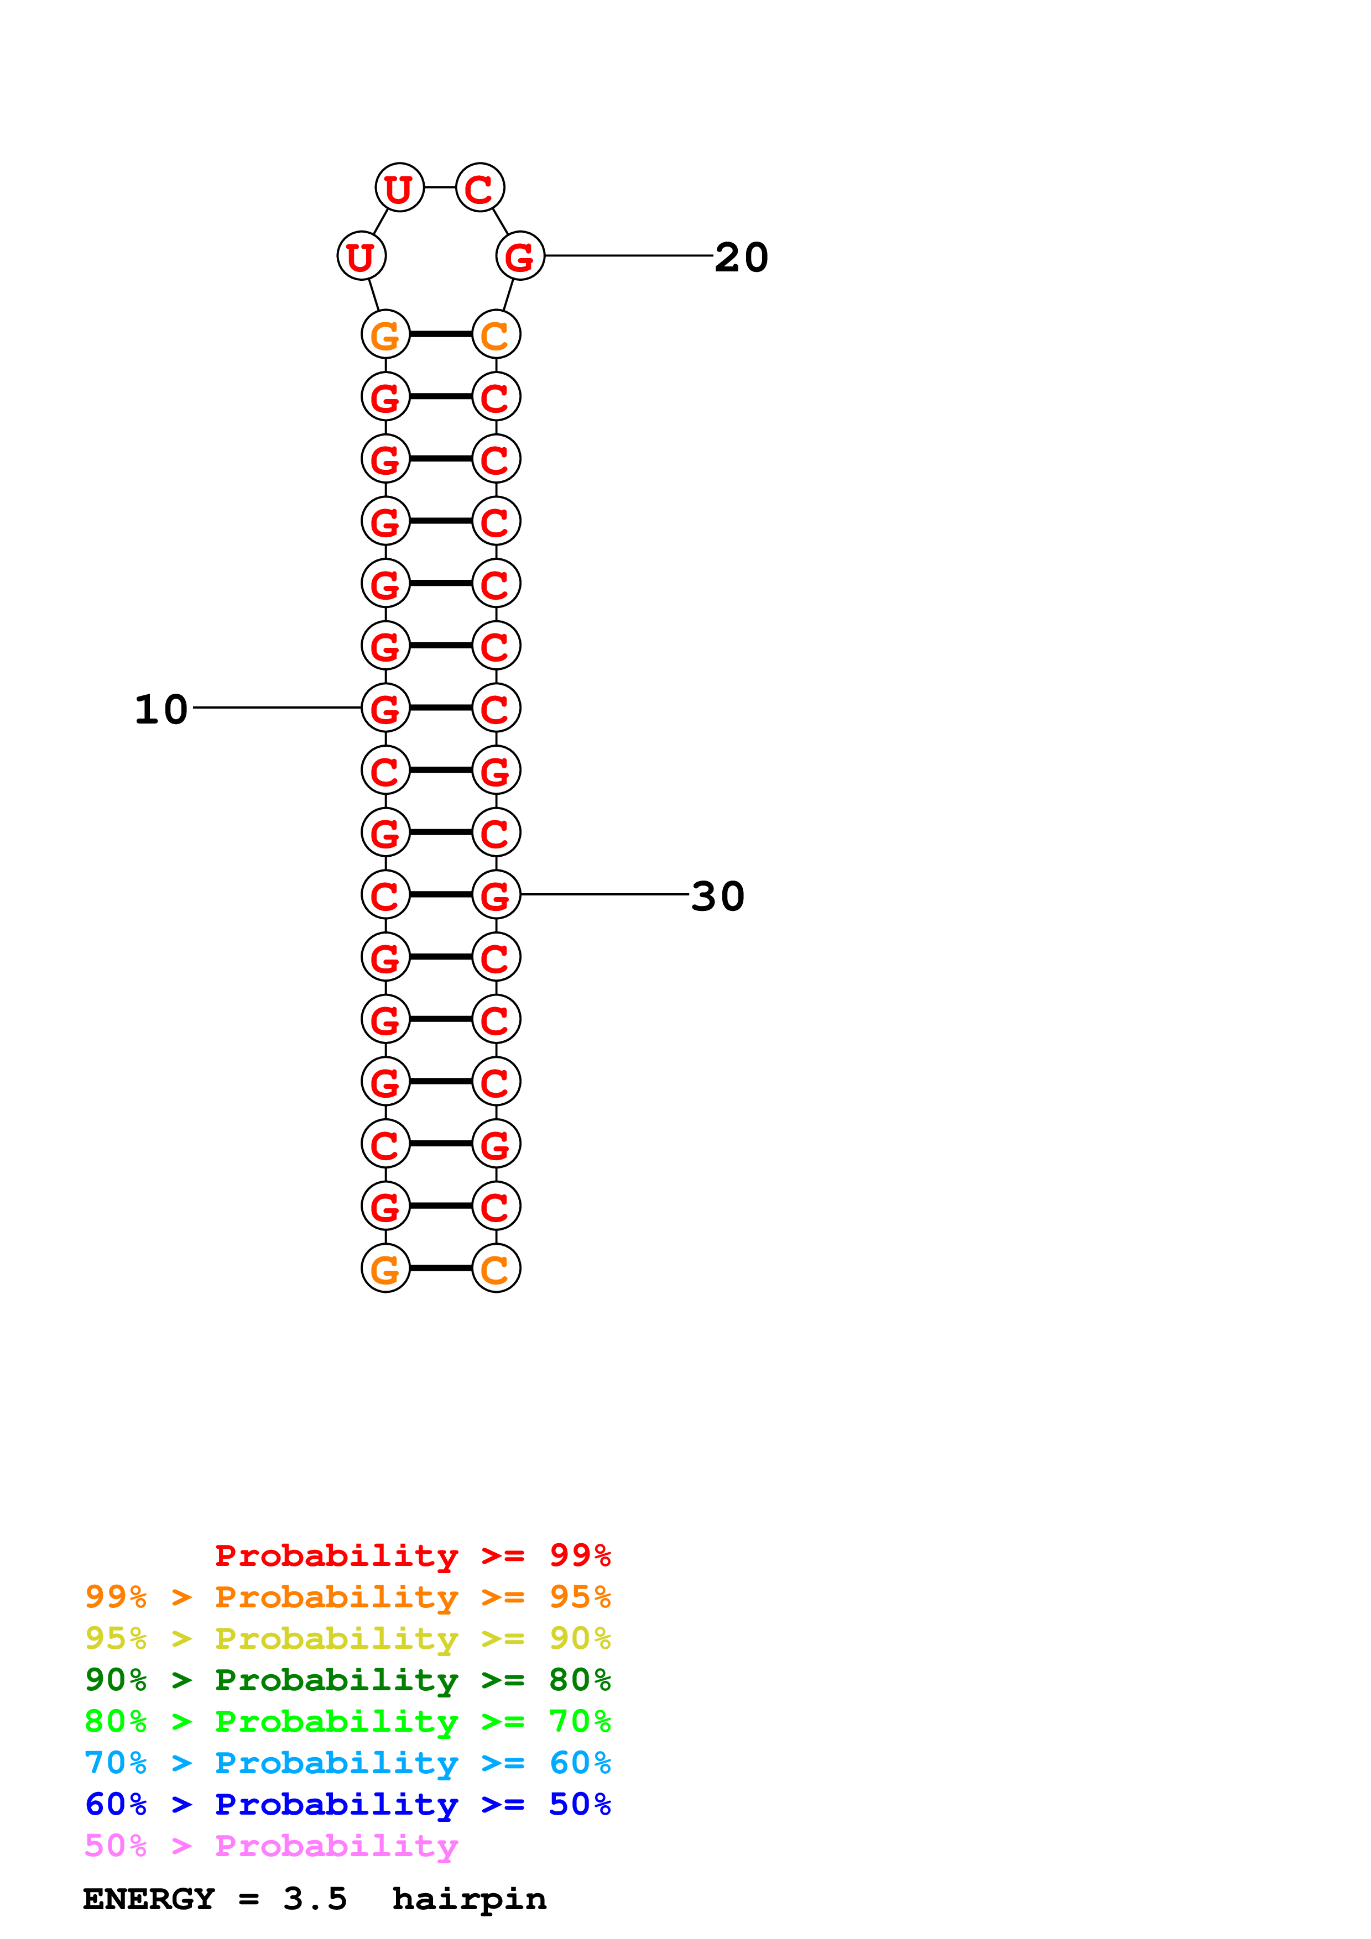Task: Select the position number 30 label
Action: click(717, 896)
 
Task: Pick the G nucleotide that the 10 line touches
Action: click(385, 708)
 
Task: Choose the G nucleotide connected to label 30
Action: click(496, 894)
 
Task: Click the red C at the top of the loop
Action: click(480, 187)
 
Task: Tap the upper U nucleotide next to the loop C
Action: click(399, 187)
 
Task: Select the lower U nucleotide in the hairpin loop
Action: click(362, 256)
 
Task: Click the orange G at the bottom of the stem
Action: click(385, 1269)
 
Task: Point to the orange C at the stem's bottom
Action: click(496, 1269)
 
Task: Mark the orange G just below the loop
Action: click(385, 334)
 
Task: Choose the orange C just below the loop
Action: click(496, 334)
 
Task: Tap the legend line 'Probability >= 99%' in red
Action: click(412, 1555)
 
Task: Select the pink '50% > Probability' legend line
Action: click(271, 1846)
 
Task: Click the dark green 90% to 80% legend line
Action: click(347, 1680)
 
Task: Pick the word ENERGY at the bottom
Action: click(149, 1899)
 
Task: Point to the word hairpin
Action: click(469, 1899)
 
